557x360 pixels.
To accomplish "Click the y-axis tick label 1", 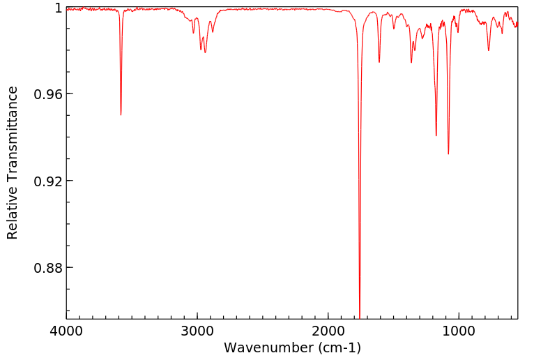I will tap(58, 8).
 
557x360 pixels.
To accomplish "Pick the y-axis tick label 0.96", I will tap(48, 94).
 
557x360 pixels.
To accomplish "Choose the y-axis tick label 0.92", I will tap(48, 181).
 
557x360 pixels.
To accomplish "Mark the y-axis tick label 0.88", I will tap(48, 268).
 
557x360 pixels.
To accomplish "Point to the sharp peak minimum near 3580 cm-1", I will tap(121, 114).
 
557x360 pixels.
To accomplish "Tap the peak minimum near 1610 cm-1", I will tap(379, 62).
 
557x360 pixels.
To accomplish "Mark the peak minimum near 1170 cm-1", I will tap(436, 135).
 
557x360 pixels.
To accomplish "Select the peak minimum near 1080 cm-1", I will tap(448, 153).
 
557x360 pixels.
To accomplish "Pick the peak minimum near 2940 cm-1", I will tap(205, 52).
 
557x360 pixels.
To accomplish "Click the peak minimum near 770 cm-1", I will tap(489, 50).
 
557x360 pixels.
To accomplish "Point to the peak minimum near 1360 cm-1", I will tap(411, 63).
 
